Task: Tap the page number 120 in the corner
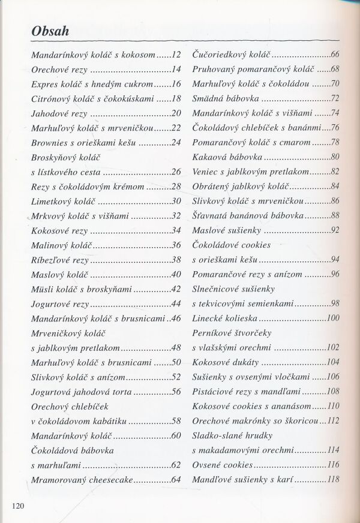[17, 505]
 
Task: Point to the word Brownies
[50, 142]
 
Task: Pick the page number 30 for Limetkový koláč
[176, 201]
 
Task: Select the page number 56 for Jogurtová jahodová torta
[176, 391]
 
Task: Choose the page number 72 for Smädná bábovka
[335, 98]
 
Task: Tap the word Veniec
[205, 172]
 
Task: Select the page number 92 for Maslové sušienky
[335, 230]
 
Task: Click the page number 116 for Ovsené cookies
[333, 464]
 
